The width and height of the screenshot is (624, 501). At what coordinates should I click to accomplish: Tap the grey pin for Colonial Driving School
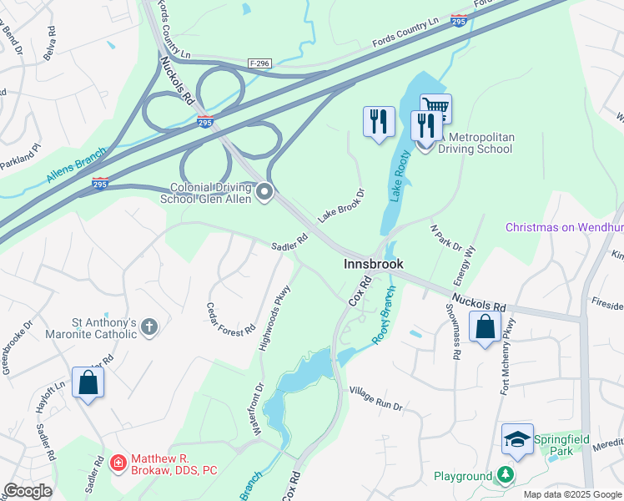[264, 194]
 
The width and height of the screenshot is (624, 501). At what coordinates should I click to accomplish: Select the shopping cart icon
[435, 107]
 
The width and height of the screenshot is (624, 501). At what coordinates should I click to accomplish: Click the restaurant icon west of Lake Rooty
[379, 121]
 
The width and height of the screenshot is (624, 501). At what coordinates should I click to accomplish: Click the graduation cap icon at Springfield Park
[517, 439]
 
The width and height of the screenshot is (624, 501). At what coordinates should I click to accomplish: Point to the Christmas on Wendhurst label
[564, 228]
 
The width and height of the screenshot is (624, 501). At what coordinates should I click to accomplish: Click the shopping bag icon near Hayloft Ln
[88, 383]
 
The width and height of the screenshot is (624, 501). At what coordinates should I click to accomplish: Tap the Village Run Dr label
[375, 398]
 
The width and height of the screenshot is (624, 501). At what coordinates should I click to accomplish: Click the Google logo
[28, 491]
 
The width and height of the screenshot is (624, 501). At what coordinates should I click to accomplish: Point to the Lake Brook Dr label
[341, 205]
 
